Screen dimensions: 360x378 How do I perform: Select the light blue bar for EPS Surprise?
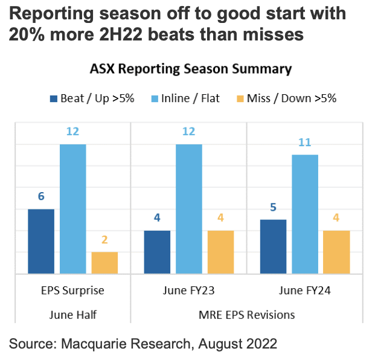73,209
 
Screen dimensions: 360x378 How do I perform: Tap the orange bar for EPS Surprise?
104,262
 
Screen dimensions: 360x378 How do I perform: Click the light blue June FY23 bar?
188,209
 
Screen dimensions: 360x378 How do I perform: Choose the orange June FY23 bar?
220,252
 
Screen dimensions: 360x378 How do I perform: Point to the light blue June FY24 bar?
305,214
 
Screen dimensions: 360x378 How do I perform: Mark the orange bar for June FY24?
336,252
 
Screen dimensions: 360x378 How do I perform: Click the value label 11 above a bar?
305,143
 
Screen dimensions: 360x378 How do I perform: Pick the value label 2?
104,240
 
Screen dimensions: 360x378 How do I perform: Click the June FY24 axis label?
305,291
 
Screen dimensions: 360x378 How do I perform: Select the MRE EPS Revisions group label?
248,314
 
